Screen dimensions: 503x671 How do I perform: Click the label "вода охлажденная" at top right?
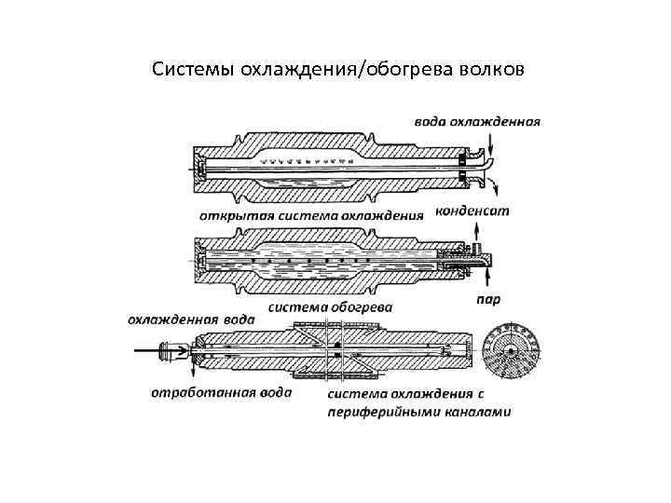477,121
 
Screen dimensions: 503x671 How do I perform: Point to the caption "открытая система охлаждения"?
312,214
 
